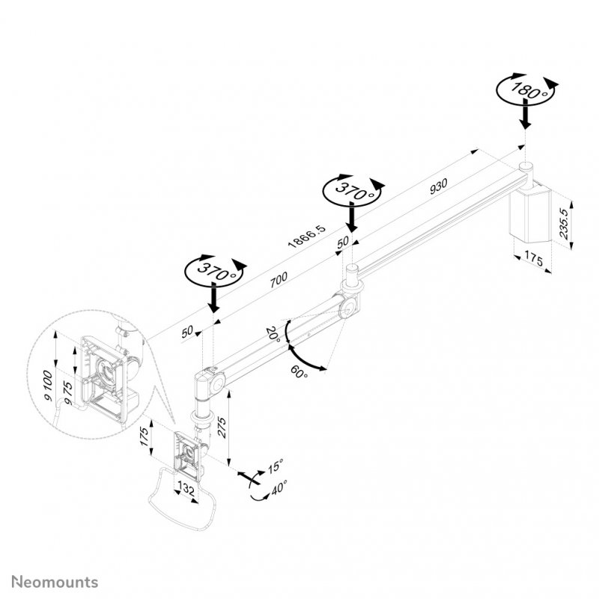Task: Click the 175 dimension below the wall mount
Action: tap(533, 258)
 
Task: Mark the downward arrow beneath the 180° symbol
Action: tap(526, 116)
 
